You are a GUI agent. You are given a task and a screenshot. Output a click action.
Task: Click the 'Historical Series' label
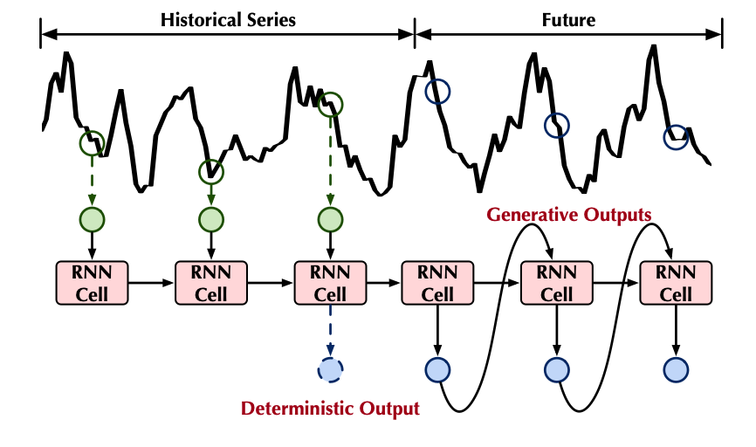(x=228, y=18)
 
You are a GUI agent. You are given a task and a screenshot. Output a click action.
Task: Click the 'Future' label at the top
(x=569, y=18)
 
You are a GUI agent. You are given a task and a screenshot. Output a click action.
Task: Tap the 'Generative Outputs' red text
(x=568, y=213)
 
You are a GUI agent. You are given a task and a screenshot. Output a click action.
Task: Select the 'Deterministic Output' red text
(x=330, y=408)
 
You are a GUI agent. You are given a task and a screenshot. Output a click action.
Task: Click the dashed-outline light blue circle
(x=331, y=370)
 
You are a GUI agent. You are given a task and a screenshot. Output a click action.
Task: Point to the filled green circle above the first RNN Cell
(x=92, y=218)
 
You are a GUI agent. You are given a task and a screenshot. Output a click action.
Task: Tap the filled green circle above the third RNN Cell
(x=330, y=218)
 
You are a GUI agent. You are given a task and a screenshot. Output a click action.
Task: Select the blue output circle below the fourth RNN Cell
(x=436, y=370)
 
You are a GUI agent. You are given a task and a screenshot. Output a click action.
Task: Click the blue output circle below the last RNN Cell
(x=675, y=370)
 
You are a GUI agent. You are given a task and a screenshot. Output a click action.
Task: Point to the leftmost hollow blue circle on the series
(x=437, y=90)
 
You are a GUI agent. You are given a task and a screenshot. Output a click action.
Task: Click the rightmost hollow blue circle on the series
(x=676, y=136)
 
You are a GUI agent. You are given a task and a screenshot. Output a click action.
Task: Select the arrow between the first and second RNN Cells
(x=151, y=283)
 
